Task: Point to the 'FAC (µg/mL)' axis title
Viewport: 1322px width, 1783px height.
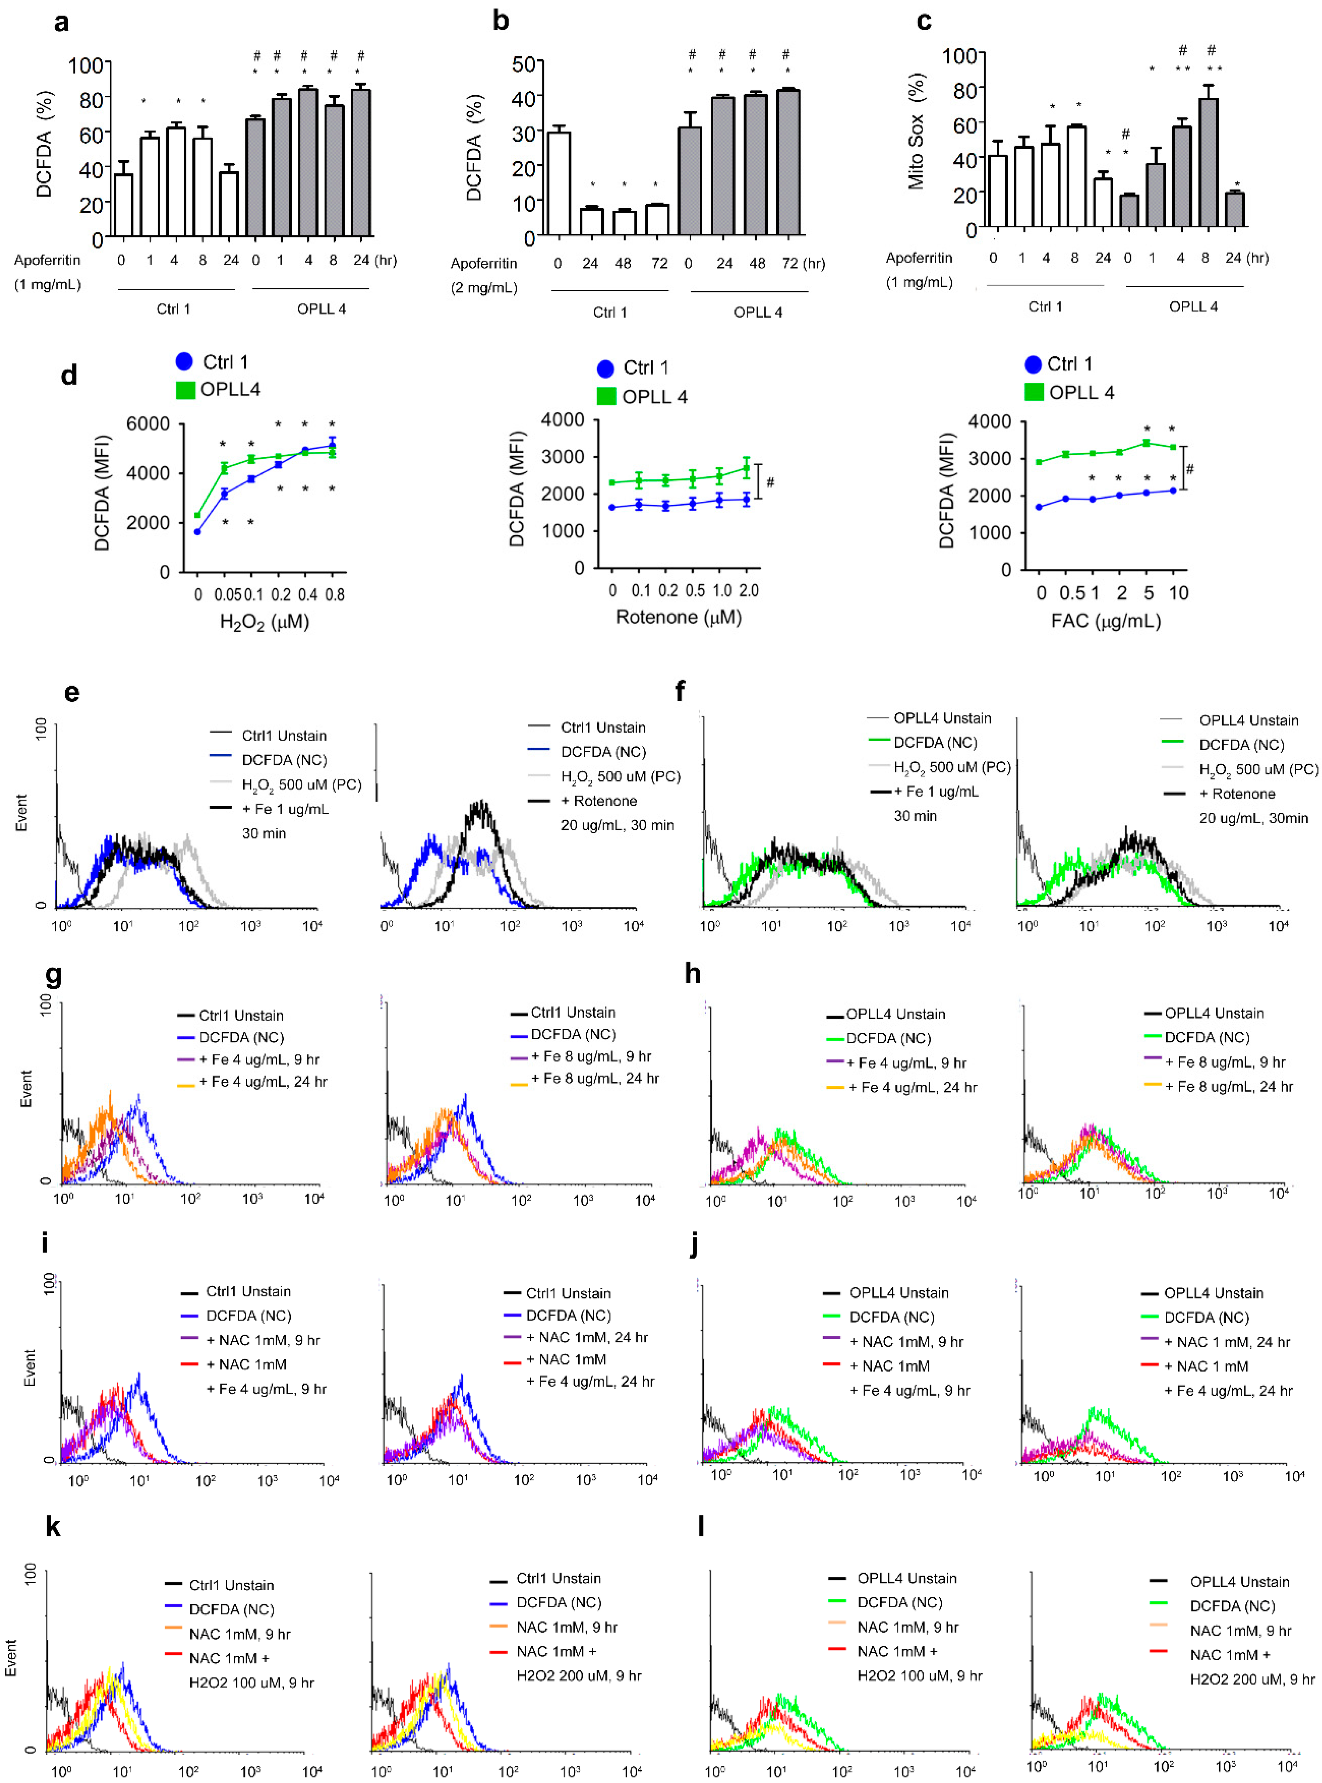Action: pos(1106,620)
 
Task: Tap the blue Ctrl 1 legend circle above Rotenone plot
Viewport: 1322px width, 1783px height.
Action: pos(606,368)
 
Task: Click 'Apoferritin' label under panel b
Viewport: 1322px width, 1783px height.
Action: pos(483,263)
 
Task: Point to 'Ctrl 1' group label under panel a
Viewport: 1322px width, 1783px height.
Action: pos(173,309)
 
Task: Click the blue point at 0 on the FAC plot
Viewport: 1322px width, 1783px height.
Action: pos(1039,507)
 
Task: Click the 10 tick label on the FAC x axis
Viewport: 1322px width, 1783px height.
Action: pos(1178,593)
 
